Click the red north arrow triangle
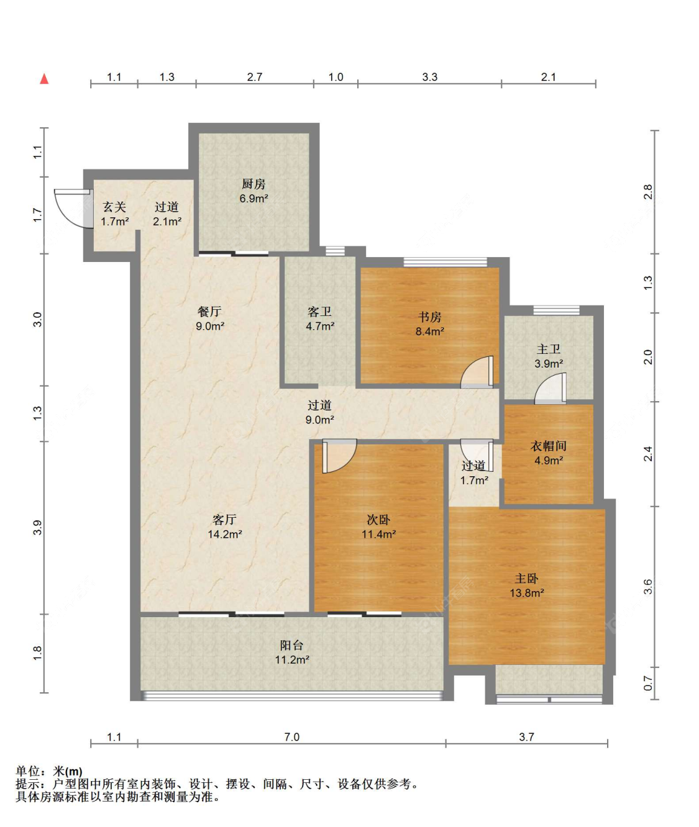(44, 79)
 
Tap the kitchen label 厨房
(254, 184)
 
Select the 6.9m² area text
(254, 199)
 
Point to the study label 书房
(429, 317)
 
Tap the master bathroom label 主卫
(549, 349)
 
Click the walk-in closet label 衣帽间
(549, 446)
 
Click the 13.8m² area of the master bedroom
(526, 593)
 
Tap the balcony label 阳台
(292, 645)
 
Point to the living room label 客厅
(224, 519)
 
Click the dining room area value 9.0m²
(210, 327)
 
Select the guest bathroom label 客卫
(319, 312)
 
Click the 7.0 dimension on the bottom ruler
(292, 737)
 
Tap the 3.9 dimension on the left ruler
(37, 528)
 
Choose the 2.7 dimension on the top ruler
(255, 77)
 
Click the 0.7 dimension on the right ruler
(648, 683)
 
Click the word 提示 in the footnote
(28, 784)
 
